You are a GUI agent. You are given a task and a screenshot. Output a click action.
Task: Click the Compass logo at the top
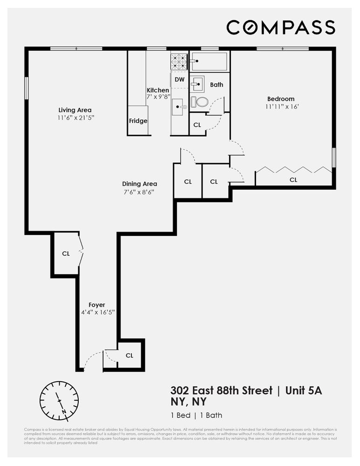click(x=281, y=27)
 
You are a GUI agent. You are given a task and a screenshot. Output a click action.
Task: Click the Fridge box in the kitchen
click(x=138, y=121)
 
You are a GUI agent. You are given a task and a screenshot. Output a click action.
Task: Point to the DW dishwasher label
click(x=179, y=80)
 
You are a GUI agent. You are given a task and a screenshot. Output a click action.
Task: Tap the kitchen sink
click(x=179, y=108)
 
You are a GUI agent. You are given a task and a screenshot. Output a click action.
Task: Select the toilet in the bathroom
click(x=200, y=102)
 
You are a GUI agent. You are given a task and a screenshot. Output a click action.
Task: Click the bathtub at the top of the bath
click(x=209, y=61)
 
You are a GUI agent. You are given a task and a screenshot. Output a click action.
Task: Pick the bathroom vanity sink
click(x=197, y=84)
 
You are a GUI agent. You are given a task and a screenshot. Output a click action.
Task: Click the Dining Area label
click(x=140, y=184)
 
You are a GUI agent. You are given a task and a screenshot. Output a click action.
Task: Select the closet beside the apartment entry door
click(x=129, y=355)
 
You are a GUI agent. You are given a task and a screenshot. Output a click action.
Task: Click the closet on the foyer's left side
click(x=66, y=254)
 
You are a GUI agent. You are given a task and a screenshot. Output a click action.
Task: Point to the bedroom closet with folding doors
click(x=293, y=179)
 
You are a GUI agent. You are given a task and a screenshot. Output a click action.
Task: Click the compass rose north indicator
click(x=59, y=400)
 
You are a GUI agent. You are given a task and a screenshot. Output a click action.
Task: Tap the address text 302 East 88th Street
click(x=221, y=391)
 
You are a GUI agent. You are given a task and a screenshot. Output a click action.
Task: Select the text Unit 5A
click(x=304, y=391)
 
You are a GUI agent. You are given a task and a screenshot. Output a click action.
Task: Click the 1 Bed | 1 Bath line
click(x=196, y=415)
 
